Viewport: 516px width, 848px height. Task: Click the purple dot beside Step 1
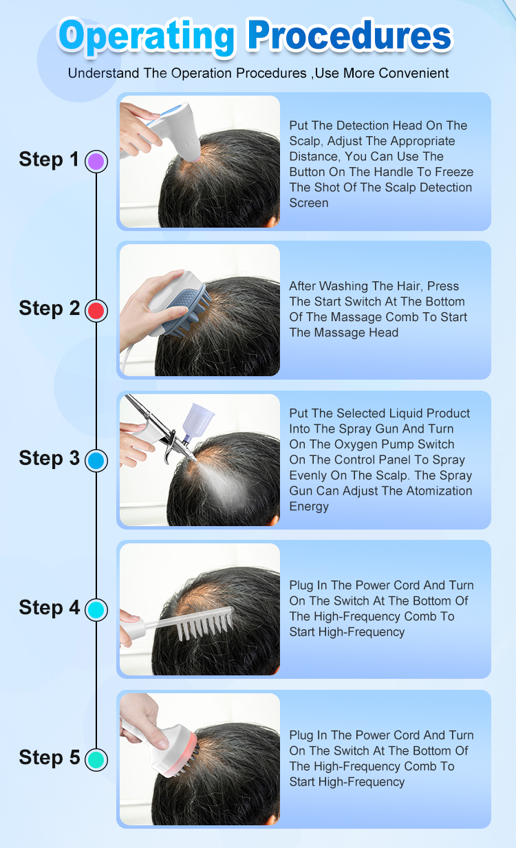pos(96,162)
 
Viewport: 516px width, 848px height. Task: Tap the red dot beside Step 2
pos(96,310)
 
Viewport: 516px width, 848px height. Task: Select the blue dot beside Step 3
pos(96,461)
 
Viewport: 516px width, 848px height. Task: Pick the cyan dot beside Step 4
pos(96,610)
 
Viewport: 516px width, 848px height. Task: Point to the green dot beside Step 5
pos(96,760)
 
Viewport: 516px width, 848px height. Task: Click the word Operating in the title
pos(147,37)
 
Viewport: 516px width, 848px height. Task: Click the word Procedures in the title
pos(350,35)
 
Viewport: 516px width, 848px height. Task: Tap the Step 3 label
pos(50,459)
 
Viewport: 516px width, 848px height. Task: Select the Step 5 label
pos(50,757)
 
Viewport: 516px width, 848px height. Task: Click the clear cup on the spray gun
pos(197,420)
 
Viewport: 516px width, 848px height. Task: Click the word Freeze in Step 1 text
pos(454,172)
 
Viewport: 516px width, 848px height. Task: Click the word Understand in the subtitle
pos(103,73)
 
